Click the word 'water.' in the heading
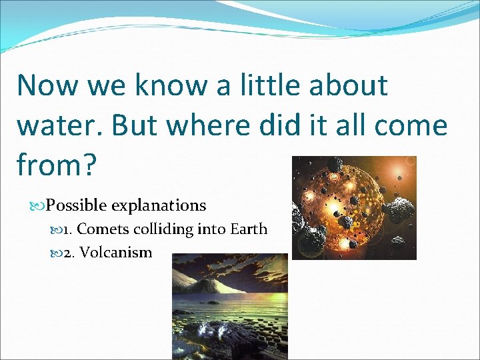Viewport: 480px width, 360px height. (x=61, y=125)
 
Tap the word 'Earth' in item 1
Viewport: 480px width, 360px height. (x=249, y=229)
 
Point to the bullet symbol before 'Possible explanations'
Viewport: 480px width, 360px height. (x=39, y=205)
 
